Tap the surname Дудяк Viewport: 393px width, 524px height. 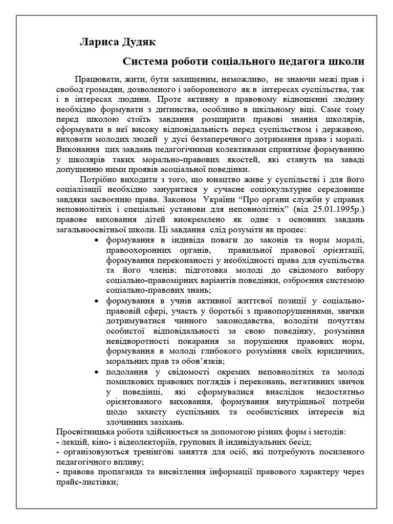tap(135, 42)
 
